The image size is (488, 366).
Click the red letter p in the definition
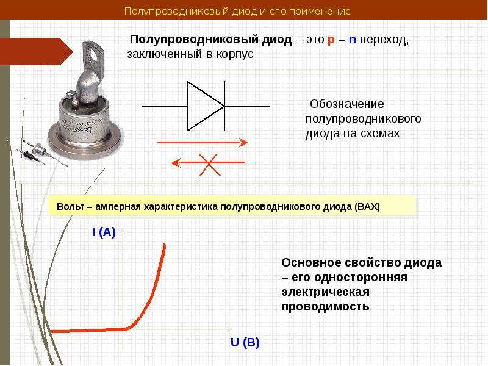[x=331, y=40]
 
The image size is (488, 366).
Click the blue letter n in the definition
[x=353, y=40]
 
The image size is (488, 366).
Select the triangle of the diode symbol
[x=206, y=106]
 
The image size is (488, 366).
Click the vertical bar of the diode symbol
[x=224, y=106]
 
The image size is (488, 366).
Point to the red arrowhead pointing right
[x=243, y=143]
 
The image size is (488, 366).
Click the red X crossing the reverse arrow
[x=210, y=165]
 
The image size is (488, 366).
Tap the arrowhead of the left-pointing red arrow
[x=176, y=162]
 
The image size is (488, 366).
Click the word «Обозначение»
[x=346, y=104]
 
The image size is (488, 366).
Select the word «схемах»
[x=380, y=134]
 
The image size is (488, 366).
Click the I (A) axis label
[x=104, y=232]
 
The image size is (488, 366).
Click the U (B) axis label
[x=245, y=342]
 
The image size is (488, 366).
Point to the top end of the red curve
[x=164, y=245]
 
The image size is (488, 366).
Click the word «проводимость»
[x=325, y=307]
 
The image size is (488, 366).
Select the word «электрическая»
[x=326, y=292]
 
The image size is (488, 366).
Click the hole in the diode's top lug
[x=93, y=54]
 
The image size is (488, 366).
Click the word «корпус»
[x=235, y=54]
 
